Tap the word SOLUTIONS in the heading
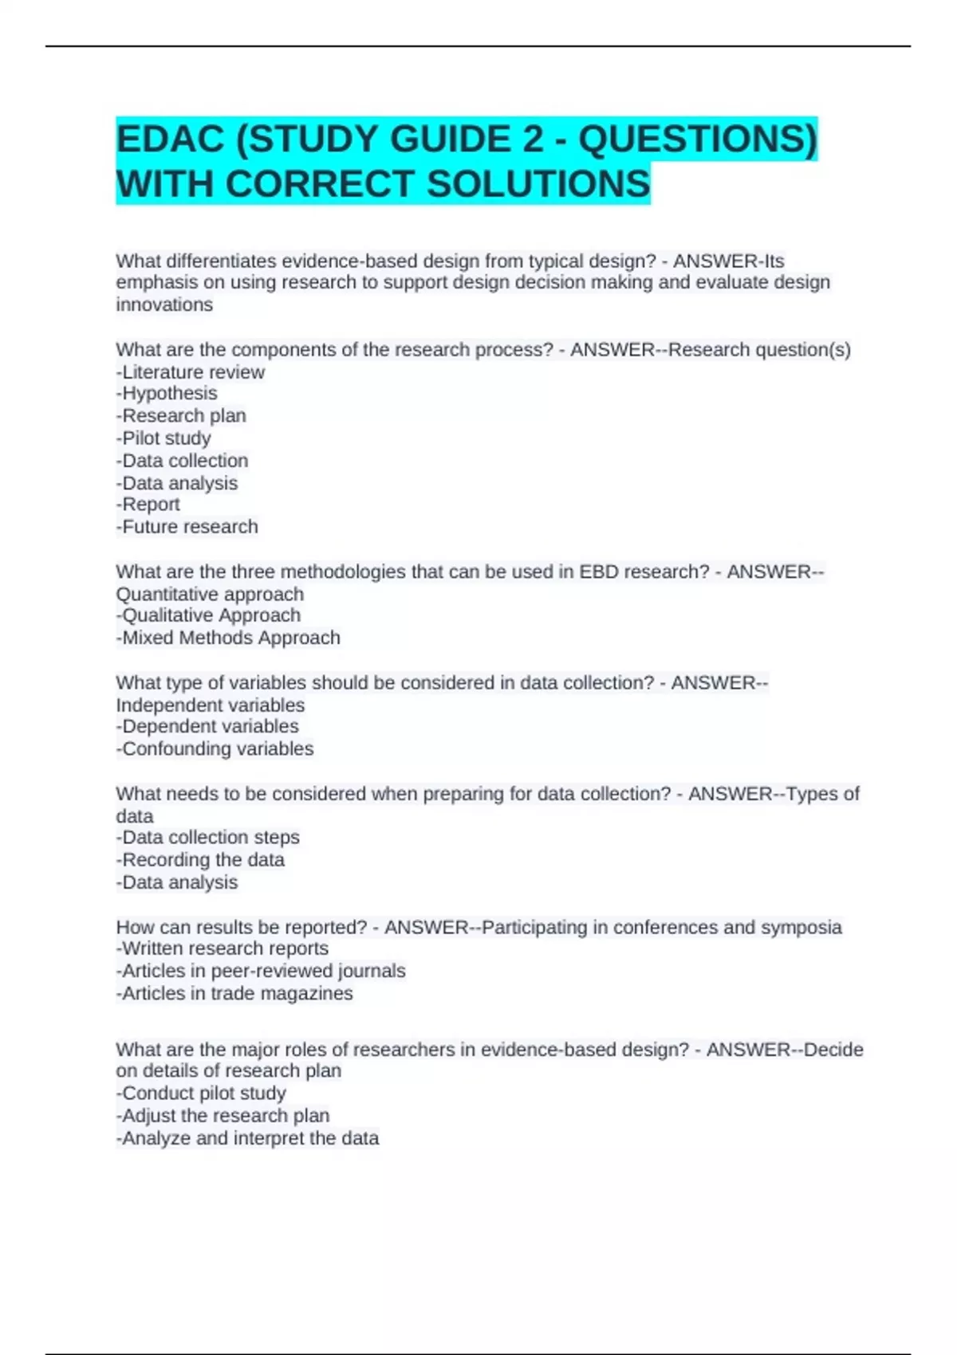(x=538, y=184)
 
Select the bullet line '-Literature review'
(x=190, y=372)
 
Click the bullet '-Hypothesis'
(x=167, y=394)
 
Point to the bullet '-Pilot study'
(x=163, y=438)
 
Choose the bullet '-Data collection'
(x=182, y=461)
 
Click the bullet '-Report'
(x=148, y=505)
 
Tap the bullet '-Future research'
(x=187, y=527)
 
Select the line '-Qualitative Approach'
(x=208, y=615)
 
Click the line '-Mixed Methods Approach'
(x=228, y=638)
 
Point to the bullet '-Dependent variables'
(x=207, y=726)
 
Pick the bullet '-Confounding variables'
(x=215, y=749)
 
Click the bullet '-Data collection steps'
(x=207, y=838)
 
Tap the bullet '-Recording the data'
(x=200, y=860)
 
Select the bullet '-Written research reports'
(x=222, y=949)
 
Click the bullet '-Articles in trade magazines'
(x=234, y=994)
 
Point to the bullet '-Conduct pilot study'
(x=201, y=1094)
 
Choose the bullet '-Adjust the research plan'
(x=223, y=1116)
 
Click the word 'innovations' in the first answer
(x=164, y=305)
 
